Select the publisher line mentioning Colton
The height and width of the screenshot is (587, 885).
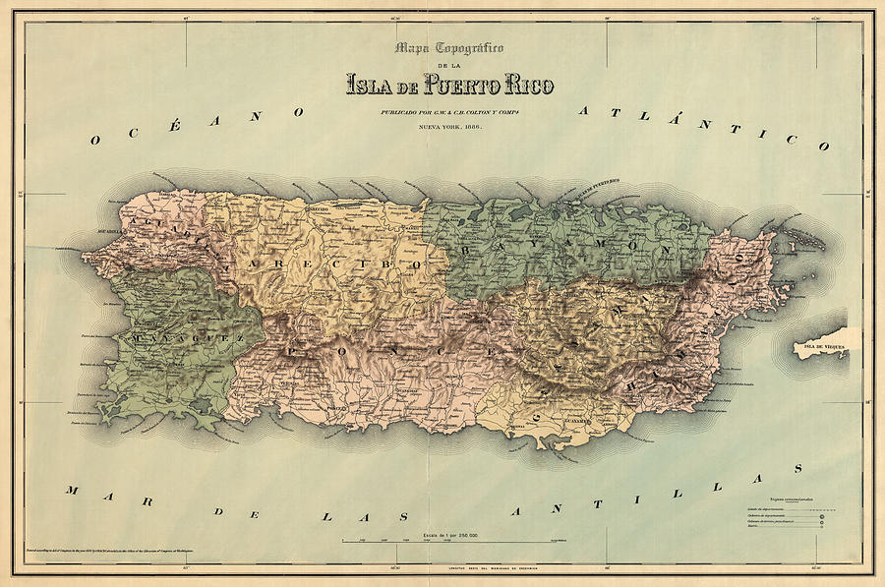pos(449,113)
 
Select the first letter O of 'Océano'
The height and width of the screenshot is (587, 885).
pos(94,141)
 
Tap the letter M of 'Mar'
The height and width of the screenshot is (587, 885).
pos(71,489)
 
